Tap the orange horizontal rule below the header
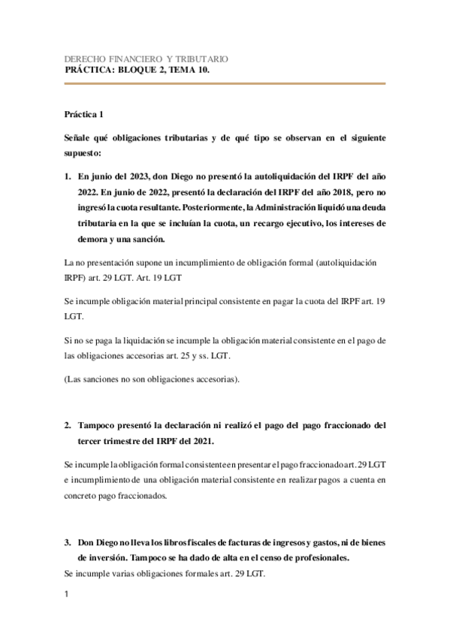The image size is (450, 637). pyautogui.click(x=225, y=84)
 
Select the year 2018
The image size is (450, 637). pyautogui.click(x=298, y=192)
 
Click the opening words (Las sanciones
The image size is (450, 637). pyautogui.click(x=91, y=379)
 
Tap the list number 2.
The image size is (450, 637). pyautogui.click(x=67, y=425)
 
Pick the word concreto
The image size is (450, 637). pyautogui.click(x=83, y=495)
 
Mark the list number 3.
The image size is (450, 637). pyautogui.click(x=67, y=542)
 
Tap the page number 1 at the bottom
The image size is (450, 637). pyautogui.click(x=67, y=596)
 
